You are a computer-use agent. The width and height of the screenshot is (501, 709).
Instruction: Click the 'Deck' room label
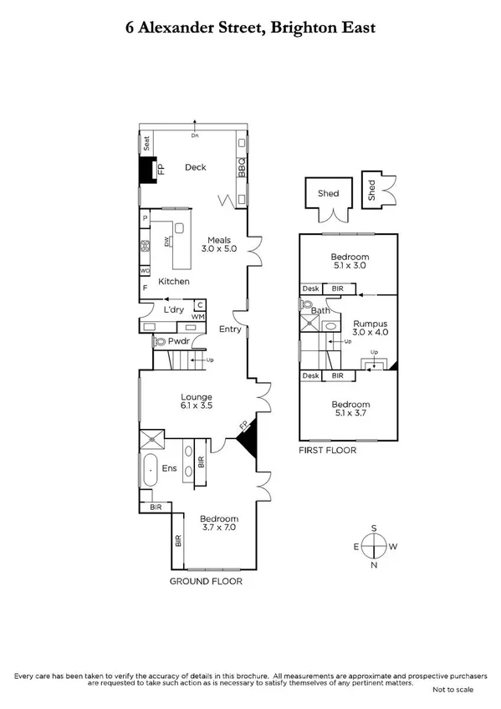(196, 167)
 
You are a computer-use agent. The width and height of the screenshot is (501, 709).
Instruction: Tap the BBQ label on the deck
(241, 168)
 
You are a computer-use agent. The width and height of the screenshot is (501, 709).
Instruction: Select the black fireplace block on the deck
(149, 170)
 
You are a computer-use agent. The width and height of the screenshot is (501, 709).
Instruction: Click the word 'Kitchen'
(174, 282)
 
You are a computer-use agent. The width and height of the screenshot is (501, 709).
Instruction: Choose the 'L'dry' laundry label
(174, 310)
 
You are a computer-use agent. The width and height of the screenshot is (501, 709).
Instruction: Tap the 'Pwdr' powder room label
(179, 341)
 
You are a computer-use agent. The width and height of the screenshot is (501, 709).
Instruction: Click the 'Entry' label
(230, 329)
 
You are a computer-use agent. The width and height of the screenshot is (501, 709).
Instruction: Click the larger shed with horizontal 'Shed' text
(328, 194)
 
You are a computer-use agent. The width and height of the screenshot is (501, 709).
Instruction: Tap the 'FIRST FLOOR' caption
(328, 450)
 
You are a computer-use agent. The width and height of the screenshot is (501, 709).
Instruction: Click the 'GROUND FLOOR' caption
(207, 580)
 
